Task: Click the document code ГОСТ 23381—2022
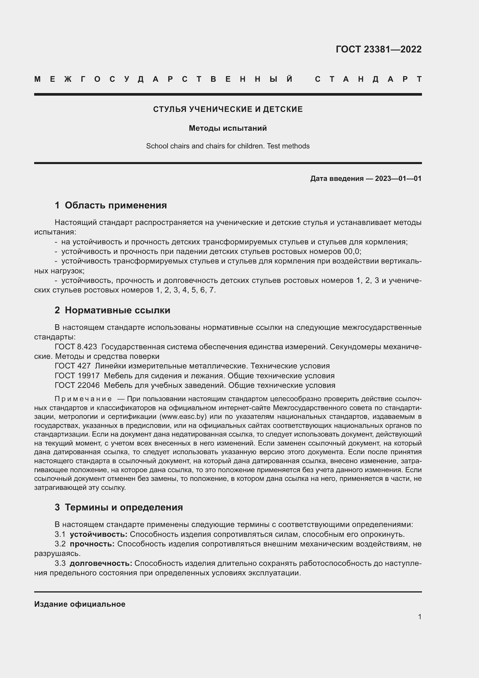[379, 49]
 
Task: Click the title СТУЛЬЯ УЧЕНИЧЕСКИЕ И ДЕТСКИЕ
[228, 109]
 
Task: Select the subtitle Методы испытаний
[228, 128]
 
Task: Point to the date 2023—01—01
[398, 178]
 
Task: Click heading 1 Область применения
[111, 205]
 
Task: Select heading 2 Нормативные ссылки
[112, 310]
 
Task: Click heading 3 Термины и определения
[118, 507]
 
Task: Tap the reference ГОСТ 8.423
[76, 347]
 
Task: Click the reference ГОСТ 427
[73, 366]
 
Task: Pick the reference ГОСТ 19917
[77, 376]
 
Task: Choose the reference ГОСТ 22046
[77, 385]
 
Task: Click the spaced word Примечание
[83, 399]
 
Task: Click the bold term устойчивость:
[98, 534]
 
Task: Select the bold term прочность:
[92, 544]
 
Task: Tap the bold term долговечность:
[101, 563]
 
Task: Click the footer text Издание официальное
[80, 604]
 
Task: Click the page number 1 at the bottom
[420, 617]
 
